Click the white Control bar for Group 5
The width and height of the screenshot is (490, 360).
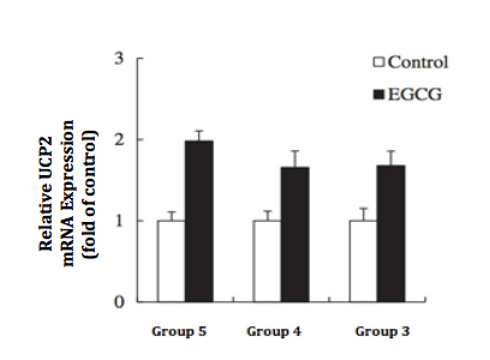(171, 261)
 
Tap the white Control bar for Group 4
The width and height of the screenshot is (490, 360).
(267, 261)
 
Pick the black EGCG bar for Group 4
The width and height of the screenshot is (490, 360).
(295, 234)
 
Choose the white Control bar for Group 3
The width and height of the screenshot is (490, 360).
(363, 261)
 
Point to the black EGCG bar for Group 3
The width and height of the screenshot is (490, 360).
(391, 233)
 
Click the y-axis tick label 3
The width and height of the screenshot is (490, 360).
(120, 59)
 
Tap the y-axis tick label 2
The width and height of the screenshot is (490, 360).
(120, 140)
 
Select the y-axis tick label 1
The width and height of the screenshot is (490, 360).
(120, 221)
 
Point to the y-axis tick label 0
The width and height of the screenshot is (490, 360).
(120, 302)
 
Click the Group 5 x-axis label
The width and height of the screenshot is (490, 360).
(180, 331)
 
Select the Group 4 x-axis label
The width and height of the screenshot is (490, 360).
(274, 331)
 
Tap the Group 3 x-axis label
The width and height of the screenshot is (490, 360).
(383, 331)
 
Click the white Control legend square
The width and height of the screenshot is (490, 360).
(379, 62)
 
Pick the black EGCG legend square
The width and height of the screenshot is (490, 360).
(379, 95)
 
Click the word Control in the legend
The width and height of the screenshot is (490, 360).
(418, 62)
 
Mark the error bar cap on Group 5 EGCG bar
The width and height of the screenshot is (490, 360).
(199, 131)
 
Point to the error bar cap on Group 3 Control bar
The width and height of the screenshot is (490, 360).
(363, 208)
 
